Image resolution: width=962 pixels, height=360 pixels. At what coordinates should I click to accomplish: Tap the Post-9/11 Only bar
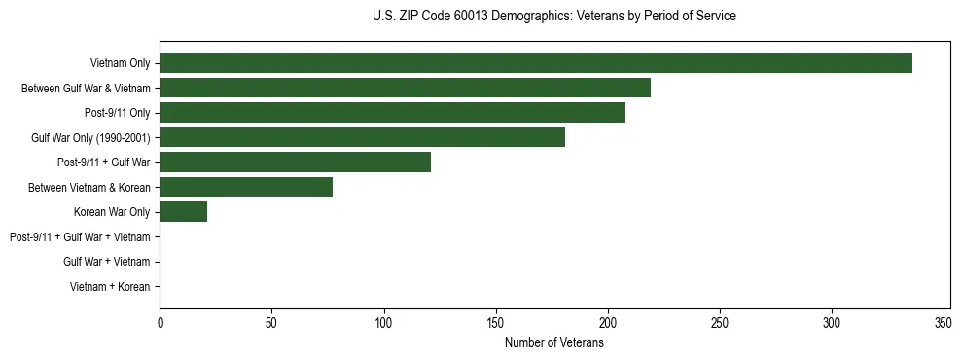(x=392, y=113)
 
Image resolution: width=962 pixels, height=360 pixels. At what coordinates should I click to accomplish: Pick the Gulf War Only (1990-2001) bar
(x=362, y=137)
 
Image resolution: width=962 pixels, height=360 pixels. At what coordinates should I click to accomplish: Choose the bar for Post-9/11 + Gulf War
(x=295, y=162)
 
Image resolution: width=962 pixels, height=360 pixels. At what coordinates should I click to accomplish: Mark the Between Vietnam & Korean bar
(x=246, y=187)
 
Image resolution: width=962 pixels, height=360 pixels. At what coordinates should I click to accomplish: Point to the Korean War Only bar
(x=183, y=212)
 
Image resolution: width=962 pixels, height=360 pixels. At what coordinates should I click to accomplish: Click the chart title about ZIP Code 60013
(x=554, y=17)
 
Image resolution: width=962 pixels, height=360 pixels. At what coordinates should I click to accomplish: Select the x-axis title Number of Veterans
(x=554, y=342)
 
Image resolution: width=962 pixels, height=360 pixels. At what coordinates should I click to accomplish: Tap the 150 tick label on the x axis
(x=496, y=322)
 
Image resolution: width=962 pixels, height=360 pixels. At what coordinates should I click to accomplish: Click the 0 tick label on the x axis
(x=160, y=322)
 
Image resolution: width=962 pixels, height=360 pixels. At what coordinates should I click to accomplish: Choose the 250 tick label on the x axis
(x=720, y=322)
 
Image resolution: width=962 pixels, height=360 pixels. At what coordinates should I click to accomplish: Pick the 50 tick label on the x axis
(x=272, y=322)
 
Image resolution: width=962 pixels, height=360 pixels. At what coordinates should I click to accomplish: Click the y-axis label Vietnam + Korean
(x=110, y=287)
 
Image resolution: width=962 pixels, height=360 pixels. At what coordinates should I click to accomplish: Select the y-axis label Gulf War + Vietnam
(x=106, y=262)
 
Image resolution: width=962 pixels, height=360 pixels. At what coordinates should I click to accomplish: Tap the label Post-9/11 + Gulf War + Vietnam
(x=80, y=237)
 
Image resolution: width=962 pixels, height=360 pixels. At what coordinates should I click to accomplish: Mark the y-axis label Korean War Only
(x=111, y=212)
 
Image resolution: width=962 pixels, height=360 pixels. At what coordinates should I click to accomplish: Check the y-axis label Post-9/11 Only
(x=117, y=113)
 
